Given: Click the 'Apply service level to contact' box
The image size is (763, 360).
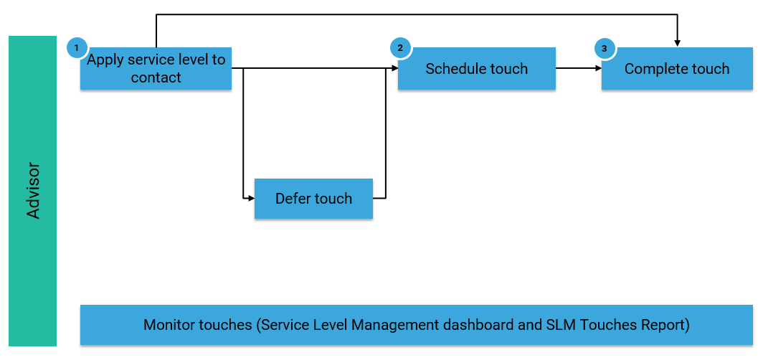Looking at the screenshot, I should [156, 69].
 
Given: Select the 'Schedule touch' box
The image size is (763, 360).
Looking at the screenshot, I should [476, 69].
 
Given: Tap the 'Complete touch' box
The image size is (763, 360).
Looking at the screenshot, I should [676, 69].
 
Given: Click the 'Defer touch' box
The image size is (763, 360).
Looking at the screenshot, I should [313, 199].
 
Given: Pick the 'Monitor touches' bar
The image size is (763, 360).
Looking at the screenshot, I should [416, 325].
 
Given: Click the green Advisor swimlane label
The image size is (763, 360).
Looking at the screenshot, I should [32, 191].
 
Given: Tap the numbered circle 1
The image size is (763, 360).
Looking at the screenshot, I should [76, 48].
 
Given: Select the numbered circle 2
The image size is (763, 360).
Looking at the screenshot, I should [400, 48].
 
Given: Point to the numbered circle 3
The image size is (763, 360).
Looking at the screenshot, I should [605, 48].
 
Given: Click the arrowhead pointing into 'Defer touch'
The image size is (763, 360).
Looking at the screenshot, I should [251, 198].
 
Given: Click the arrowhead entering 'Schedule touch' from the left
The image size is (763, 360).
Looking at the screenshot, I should [394, 69].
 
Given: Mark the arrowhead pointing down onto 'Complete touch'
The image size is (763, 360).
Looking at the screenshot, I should [677, 43].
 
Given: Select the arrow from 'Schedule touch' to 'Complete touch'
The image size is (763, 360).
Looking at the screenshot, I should [578, 69].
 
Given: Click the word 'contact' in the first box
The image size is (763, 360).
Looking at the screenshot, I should [156, 77].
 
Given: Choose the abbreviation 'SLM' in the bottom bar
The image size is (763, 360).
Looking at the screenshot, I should [559, 325].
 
